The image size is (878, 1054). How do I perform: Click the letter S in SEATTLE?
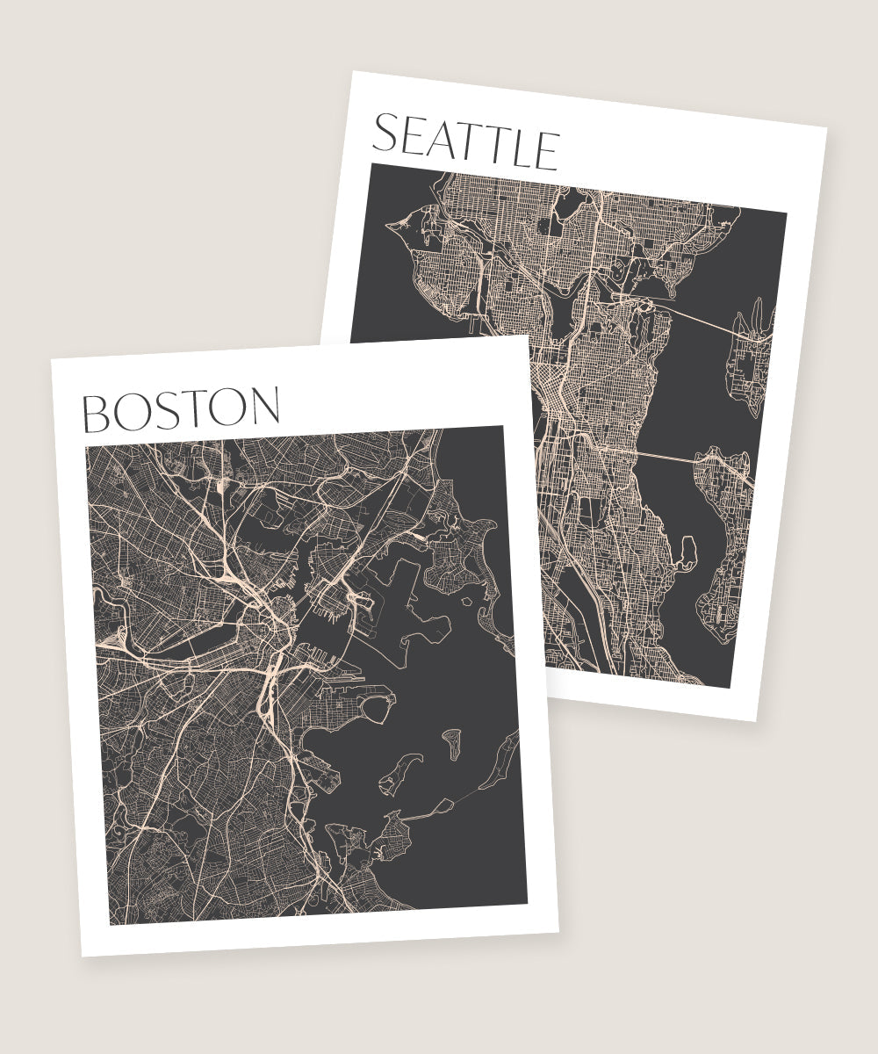click(387, 134)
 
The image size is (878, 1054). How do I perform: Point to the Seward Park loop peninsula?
click(687, 552)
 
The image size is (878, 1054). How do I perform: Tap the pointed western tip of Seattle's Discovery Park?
click(389, 227)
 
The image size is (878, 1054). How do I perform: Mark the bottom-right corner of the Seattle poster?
click(756, 721)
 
